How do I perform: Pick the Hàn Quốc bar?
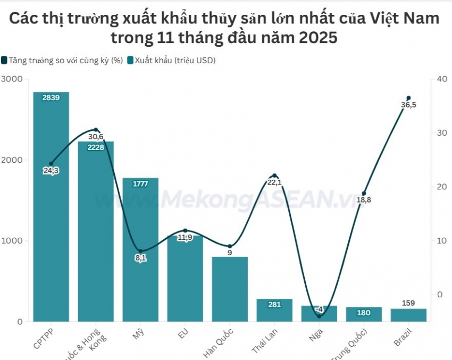coord(230,290)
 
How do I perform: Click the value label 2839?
coord(51,98)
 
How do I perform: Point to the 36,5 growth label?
coord(408,105)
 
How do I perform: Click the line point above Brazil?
coord(408,98)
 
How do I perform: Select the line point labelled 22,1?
coord(274,175)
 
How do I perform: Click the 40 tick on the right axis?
coord(441,79)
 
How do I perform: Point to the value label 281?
coord(274,305)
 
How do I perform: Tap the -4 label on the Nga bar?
coord(319,309)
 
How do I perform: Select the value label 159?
coord(408,303)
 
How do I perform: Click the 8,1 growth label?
coord(140,258)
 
